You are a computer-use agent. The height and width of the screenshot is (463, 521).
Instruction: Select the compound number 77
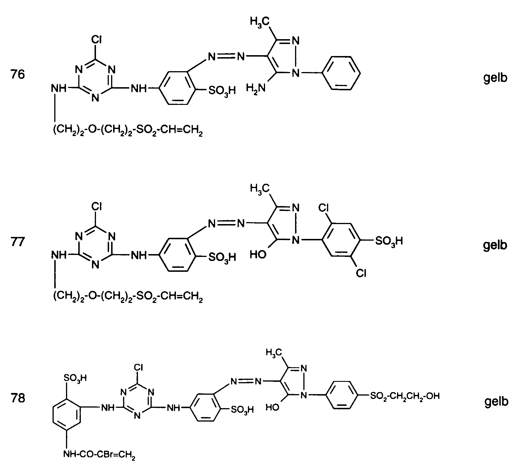[17, 242]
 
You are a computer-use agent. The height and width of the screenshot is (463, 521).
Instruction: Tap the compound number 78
[17, 398]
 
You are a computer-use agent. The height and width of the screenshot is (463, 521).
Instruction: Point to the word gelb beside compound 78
[496, 401]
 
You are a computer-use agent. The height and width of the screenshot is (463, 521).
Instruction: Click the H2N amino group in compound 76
[256, 87]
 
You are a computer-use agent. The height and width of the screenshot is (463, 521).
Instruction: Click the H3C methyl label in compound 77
[260, 189]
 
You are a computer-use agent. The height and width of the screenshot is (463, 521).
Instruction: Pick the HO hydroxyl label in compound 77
[258, 254]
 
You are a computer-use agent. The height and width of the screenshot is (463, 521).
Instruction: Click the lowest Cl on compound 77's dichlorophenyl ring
[361, 273]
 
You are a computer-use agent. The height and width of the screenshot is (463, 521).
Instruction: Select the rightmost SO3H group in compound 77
[389, 241]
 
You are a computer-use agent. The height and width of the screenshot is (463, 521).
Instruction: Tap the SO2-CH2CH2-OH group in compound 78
[404, 396]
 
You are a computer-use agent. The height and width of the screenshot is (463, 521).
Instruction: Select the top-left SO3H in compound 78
[75, 378]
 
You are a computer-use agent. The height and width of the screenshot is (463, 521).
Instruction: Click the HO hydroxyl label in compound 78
[272, 407]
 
